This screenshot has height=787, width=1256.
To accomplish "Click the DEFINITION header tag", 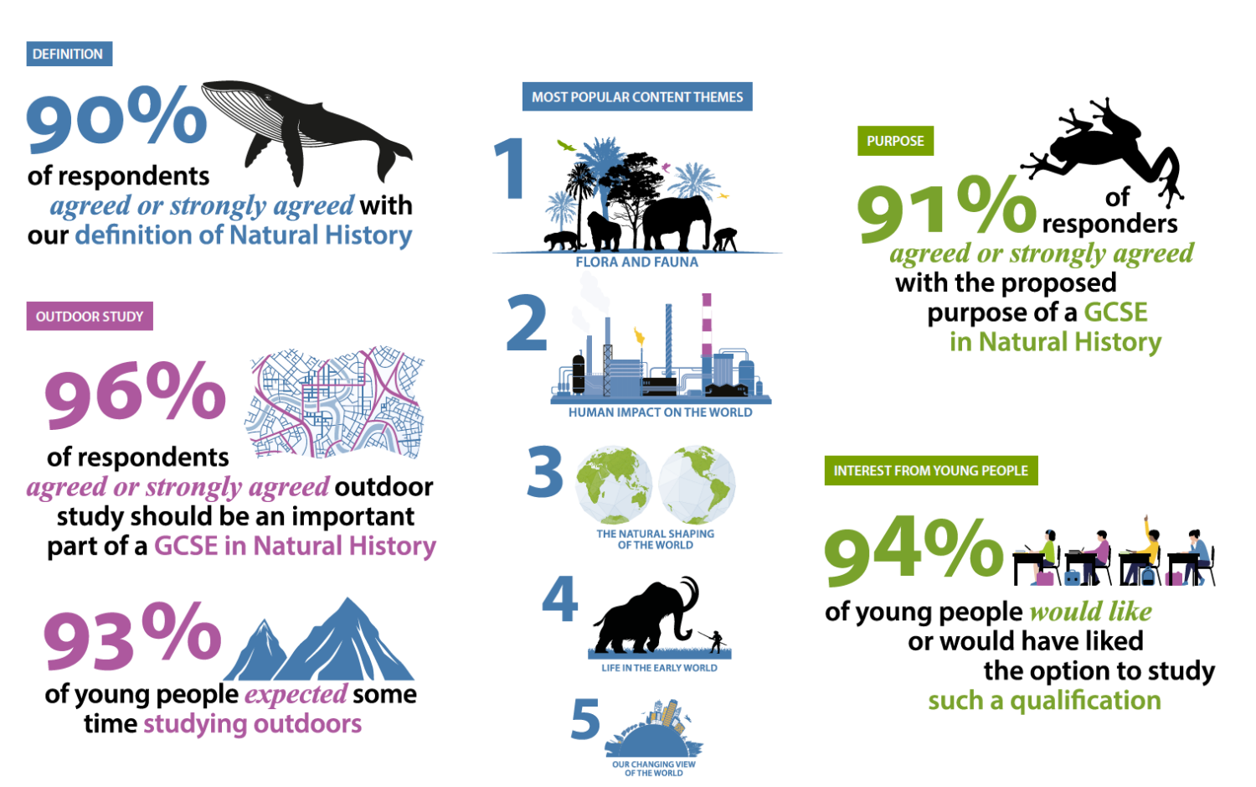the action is pos(69,54).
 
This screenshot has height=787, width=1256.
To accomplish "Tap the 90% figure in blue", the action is pos(116,118).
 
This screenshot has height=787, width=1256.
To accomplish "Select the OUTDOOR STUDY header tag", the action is pos(90,316).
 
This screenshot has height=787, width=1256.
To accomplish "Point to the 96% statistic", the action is pos(135,394).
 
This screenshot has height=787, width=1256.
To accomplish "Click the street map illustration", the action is pos(335,402).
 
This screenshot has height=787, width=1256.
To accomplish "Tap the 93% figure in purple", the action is pos(133,636).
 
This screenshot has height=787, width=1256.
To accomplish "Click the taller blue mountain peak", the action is pos(347,640).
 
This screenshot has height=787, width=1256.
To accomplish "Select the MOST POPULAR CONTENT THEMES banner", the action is pos(637,96).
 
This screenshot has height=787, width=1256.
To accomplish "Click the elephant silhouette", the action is pos(677,222).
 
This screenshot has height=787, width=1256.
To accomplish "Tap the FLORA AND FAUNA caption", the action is pos(637,262).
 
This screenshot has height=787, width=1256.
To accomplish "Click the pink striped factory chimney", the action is pos(707,324).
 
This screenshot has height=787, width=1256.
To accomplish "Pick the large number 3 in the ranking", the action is pos(545,471).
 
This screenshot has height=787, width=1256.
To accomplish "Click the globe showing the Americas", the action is pos(697,485).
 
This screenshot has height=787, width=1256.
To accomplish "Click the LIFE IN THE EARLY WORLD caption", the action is pos(660,668).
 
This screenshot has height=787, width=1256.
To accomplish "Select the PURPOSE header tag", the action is pos(895,141).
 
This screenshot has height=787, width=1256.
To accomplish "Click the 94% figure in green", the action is pos(914,551).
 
